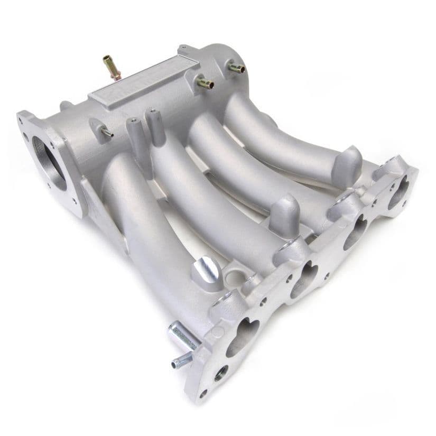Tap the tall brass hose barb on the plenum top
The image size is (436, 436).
pos(112,67)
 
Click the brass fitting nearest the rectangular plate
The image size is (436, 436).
pos(205,83)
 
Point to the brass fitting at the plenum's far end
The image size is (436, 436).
pos(237,67)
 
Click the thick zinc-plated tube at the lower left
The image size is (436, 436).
pos(183,336)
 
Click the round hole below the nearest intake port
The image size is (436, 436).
pos(221,373)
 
